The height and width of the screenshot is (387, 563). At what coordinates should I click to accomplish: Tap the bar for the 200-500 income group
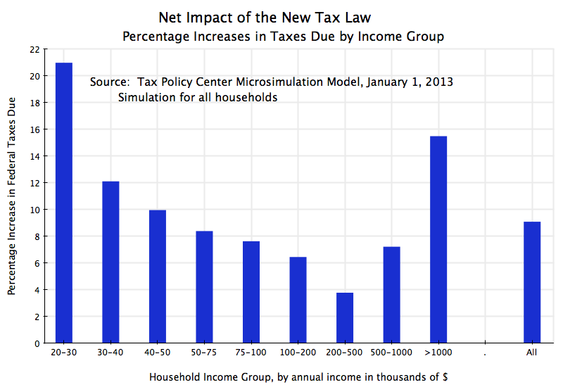(x=345, y=317)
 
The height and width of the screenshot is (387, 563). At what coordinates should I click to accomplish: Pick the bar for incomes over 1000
(x=438, y=239)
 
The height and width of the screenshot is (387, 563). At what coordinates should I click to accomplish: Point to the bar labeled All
(x=532, y=282)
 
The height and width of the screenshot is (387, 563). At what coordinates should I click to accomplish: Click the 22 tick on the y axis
(x=35, y=49)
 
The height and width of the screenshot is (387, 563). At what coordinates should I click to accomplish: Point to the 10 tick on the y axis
(x=35, y=210)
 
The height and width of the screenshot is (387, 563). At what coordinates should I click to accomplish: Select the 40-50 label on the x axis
(x=158, y=352)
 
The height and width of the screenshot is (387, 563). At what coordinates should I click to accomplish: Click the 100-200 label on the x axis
(x=298, y=352)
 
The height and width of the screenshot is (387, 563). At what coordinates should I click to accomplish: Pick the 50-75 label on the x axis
(x=204, y=352)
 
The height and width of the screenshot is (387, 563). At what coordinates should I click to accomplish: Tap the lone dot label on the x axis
(x=485, y=352)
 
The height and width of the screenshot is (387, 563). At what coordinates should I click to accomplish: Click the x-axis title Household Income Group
(x=298, y=376)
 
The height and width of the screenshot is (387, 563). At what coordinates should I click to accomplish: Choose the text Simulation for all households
(x=198, y=98)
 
